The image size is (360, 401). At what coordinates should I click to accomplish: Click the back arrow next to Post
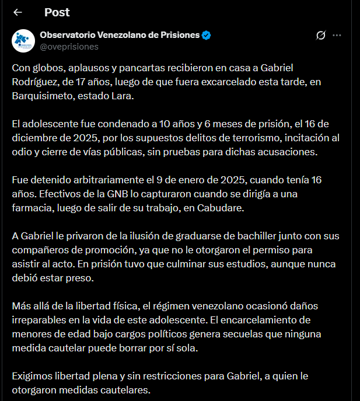point(18,12)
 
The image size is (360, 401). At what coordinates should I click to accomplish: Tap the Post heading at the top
point(57,12)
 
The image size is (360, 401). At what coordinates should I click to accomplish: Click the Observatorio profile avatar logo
point(23,40)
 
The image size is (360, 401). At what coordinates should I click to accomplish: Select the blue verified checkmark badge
point(207,35)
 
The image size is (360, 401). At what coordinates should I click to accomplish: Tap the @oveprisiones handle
point(69,46)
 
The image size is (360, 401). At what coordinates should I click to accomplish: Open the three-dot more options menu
point(337,35)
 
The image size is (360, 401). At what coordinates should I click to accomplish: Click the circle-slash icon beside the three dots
point(320,35)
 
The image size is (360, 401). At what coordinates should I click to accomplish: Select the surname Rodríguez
point(34,81)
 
